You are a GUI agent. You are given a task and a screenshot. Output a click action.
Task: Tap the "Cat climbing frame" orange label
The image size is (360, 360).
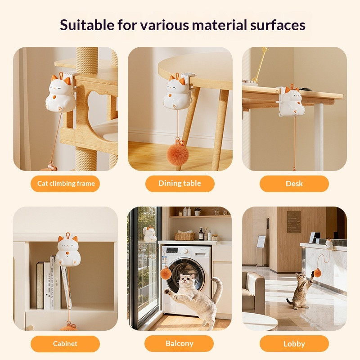click(65, 184)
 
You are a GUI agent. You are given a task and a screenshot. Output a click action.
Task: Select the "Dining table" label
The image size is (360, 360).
click(180, 184)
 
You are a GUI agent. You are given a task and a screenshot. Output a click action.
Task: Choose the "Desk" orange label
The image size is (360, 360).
click(294, 184)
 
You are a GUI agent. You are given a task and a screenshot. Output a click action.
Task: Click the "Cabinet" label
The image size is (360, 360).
click(65, 344)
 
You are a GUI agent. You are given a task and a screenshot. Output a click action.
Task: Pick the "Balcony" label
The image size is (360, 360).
click(179, 343)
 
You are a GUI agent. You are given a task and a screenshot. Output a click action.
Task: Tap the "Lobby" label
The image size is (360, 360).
click(294, 344)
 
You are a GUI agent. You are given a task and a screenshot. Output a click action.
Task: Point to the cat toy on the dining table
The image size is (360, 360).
click(177, 91)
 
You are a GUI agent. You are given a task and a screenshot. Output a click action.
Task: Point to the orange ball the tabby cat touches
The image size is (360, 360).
click(317, 273)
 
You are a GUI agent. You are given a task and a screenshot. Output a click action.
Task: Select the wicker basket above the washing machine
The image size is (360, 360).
click(184, 236)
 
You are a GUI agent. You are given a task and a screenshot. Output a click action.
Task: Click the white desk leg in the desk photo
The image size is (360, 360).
click(319, 137)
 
